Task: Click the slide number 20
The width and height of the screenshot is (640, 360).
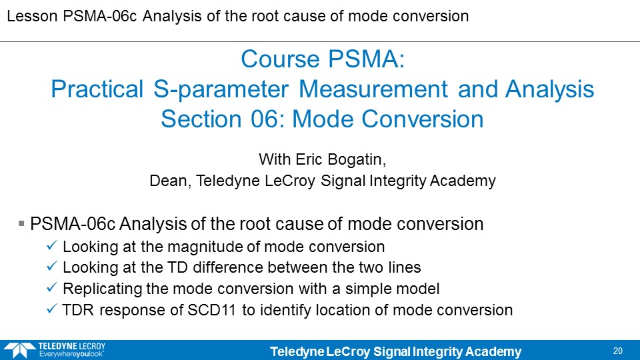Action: point(617,351)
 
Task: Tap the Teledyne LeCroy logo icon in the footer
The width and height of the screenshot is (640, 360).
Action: point(19,350)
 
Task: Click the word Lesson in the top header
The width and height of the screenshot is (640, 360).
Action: point(32,16)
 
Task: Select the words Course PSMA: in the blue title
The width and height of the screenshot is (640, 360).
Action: point(323,59)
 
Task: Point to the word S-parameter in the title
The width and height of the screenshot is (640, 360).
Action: point(221,89)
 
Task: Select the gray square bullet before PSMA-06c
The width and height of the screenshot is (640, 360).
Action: point(21,224)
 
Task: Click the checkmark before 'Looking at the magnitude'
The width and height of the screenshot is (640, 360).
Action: point(51,245)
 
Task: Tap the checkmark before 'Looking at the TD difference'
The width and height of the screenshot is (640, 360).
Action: point(51,266)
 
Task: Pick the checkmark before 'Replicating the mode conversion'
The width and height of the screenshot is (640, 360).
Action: point(51,287)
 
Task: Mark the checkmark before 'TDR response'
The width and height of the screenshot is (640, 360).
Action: point(51,309)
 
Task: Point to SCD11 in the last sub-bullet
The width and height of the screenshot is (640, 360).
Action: point(212,310)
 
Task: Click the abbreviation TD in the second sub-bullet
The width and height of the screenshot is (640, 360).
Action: point(177,267)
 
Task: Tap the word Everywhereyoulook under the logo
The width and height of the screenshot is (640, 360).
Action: point(71,354)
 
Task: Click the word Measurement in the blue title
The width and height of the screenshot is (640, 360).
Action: point(373,89)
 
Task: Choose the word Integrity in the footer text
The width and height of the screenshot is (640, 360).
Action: point(436,352)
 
